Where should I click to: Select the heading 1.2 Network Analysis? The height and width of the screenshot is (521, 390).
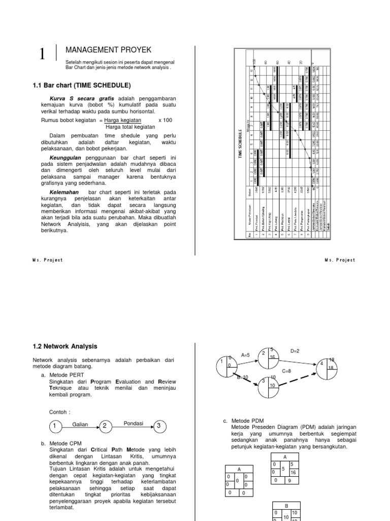[x=64, y=346]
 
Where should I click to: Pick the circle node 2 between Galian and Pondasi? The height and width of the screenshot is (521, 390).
[x=105, y=425]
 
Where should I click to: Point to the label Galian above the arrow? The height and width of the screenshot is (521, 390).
[x=80, y=423]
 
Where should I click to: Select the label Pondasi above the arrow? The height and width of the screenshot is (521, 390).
[x=133, y=423]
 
